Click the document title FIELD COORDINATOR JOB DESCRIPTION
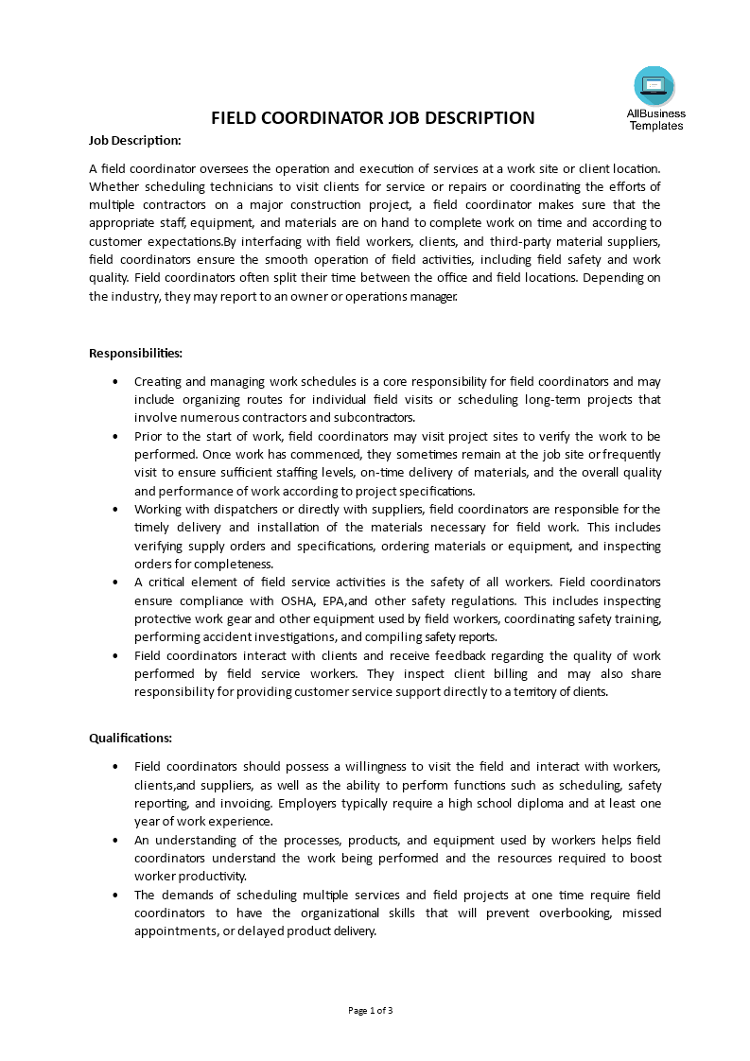[373, 118]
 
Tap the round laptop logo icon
[654, 86]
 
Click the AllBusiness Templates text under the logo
[655, 120]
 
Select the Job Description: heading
[134, 141]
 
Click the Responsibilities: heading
[135, 353]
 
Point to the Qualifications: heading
[131, 738]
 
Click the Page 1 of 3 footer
[371, 1010]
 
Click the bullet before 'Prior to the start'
[115, 437]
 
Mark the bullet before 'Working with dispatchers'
[115, 510]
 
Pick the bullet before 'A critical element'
[115, 583]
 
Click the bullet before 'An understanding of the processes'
[115, 840]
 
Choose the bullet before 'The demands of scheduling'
[115, 895]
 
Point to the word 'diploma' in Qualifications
[540, 803]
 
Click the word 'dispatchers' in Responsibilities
[231, 510]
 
